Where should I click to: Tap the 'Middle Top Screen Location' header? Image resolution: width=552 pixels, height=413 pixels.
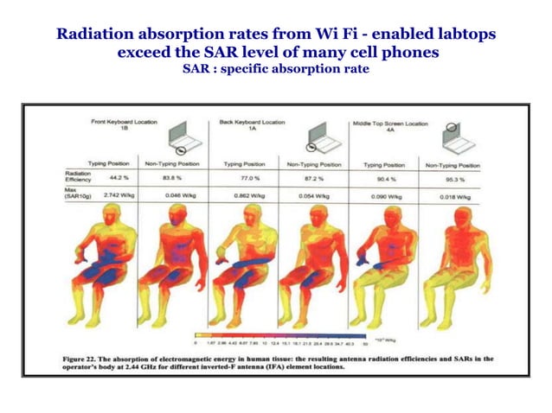tap(389, 124)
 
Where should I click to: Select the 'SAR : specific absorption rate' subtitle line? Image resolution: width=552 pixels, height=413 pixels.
tap(275, 68)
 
